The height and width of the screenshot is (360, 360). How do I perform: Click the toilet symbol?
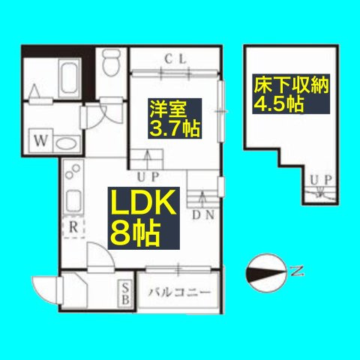point(111,62)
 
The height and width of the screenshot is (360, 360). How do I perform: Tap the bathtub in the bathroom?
point(69,79)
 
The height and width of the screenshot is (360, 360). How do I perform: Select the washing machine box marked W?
point(40,140)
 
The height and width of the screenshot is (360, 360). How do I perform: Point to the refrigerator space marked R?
point(73,227)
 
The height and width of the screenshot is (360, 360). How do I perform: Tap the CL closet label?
point(175,59)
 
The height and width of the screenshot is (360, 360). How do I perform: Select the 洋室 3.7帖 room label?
point(175,118)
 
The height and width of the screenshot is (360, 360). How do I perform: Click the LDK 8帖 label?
point(144,218)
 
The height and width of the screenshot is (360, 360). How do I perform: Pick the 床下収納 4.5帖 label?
point(291,94)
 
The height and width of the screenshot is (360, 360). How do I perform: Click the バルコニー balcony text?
point(179,292)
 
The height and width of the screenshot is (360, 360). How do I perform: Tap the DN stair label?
point(203,215)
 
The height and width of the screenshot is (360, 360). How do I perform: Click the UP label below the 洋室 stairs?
point(148,177)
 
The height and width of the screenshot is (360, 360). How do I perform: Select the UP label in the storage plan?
point(321,179)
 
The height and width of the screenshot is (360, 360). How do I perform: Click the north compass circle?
point(266,273)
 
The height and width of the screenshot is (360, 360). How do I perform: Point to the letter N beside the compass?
point(297,271)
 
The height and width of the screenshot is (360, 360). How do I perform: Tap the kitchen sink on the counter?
point(73,199)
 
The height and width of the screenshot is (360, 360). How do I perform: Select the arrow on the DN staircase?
point(203,198)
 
